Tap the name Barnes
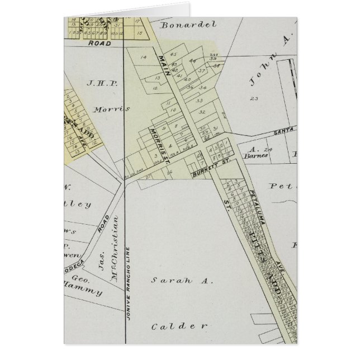(257, 156)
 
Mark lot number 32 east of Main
(202, 112)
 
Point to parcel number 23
(254, 98)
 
